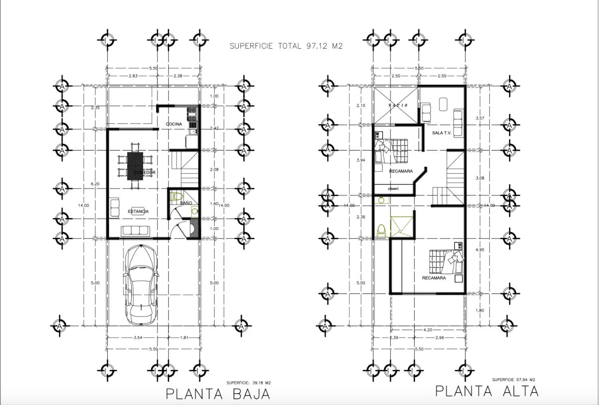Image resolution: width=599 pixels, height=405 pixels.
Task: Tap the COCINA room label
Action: point(174,124)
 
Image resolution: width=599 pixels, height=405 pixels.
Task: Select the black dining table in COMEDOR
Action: point(135,166)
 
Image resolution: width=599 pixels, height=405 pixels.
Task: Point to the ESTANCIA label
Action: point(138,211)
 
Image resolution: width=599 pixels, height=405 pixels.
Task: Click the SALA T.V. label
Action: point(442,133)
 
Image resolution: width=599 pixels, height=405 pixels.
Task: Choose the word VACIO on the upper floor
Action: point(398,105)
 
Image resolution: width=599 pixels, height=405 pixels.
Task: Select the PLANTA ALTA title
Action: point(487,391)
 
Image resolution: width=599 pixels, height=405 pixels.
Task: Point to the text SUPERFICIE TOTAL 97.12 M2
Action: point(286,46)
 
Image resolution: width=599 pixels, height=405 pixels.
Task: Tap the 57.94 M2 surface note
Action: point(514,380)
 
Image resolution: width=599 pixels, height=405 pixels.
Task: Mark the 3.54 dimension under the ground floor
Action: point(138,338)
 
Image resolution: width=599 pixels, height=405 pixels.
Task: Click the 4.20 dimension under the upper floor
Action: point(427,330)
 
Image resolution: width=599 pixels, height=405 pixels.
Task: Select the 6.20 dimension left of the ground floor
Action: point(95,184)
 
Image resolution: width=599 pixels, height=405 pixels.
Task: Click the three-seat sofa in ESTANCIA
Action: point(135,230)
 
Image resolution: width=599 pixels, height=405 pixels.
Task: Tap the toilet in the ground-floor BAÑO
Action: point(176,196)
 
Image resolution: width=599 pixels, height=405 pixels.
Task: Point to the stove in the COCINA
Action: point(193,114)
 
